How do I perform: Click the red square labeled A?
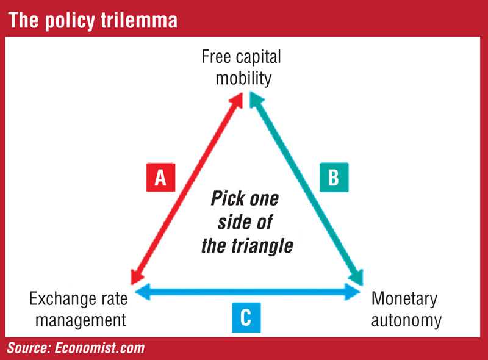(160, 177)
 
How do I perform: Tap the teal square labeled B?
(334, 177)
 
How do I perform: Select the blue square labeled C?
(246, 317)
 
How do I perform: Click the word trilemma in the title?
(139, 20)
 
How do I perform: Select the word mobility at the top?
(243, 78)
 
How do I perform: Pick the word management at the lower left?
(81, 321)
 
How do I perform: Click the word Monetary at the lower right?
(404, 299)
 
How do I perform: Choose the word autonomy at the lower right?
(406, 321)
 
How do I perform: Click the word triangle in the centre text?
(262, 246)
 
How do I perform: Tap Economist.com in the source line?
(100, 348)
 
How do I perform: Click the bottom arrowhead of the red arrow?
(135, 276)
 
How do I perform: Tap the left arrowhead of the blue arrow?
(143, 292)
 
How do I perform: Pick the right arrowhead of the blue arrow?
(353, 292)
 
